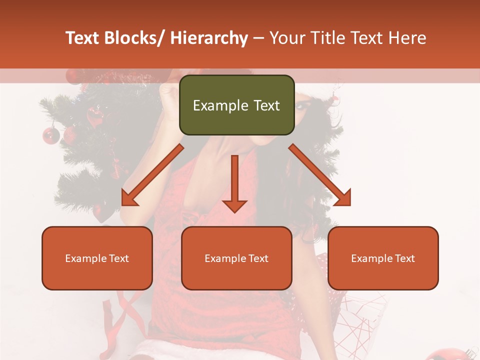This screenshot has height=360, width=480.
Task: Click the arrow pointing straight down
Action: point(234,185)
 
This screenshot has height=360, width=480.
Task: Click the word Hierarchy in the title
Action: point(209,38)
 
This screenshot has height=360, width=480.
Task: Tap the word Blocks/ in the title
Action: point(137,38)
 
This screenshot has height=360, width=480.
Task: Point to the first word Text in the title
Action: point(82,38)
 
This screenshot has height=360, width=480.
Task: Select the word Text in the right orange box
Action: point(404,258)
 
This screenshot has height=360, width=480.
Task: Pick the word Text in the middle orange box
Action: point(257,258)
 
